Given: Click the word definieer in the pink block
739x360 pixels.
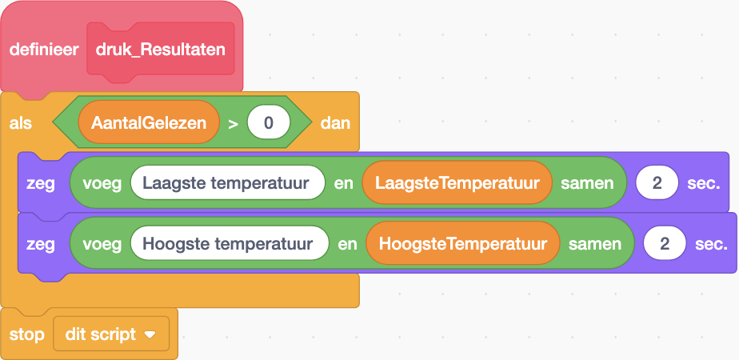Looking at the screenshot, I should (43, 50).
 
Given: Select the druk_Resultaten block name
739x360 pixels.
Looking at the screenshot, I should (160, 50).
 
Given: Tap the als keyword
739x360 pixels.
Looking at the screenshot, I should (21, 124).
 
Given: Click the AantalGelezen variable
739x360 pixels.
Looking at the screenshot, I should (149, 124).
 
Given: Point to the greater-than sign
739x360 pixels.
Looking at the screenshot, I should (233, 124).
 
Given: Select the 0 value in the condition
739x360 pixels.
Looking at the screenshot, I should (268, 124).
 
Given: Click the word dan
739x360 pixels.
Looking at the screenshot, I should (335, 124).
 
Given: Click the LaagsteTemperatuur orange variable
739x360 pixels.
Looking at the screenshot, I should (457, 183).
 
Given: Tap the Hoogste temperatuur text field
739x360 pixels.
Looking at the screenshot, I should (230, 243).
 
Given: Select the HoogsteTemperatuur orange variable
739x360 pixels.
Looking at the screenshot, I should (462, 243).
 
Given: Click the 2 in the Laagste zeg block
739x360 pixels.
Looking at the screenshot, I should (657, 183).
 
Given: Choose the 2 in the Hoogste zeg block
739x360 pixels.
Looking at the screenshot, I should (665, 243).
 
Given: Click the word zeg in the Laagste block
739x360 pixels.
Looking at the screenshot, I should (40, 183).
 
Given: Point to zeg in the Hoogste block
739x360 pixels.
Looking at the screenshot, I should (40, 243).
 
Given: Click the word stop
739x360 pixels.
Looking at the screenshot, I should (26, 334).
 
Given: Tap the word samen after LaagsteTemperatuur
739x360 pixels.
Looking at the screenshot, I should (587, 183).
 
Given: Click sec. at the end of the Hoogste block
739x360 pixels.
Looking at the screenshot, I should (711, 243).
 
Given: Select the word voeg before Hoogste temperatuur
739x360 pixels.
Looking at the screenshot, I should (102, 243).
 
